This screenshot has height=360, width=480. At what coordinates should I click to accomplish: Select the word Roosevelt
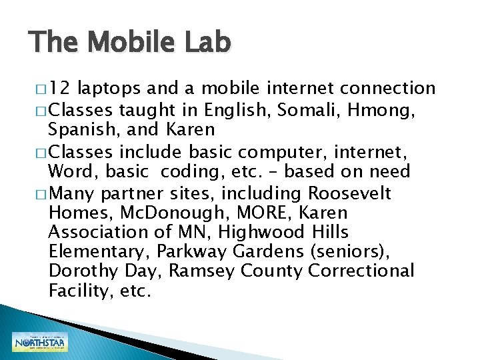point(359,193)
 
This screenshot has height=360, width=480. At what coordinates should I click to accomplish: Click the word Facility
point(77,291)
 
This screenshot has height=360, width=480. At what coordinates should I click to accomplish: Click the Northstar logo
point(39,342)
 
